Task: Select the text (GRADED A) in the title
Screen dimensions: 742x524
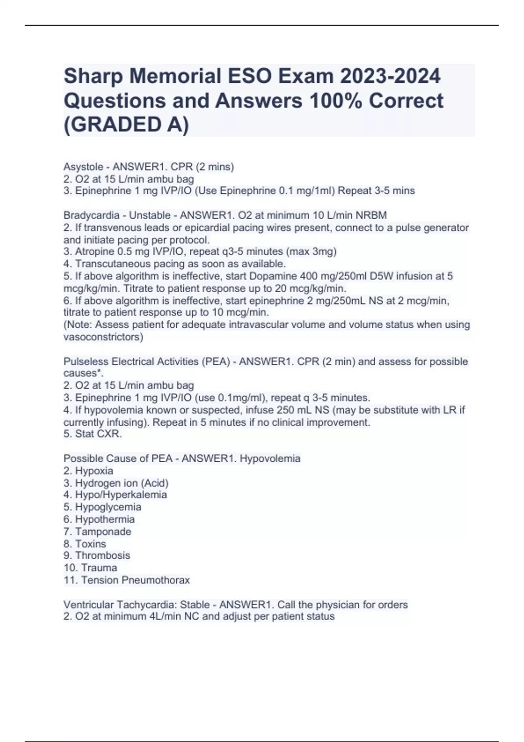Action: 126,124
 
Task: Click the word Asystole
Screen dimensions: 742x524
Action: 83,167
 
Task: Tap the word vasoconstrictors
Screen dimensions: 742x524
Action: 103,337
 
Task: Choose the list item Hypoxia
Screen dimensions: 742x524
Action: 94,471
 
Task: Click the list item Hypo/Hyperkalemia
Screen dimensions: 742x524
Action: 121,495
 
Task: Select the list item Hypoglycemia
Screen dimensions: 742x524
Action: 108,507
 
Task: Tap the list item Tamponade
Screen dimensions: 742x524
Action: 103,532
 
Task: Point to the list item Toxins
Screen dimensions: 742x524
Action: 90,544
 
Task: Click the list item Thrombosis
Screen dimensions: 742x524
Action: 103,556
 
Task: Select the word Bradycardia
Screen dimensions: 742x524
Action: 91,215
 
